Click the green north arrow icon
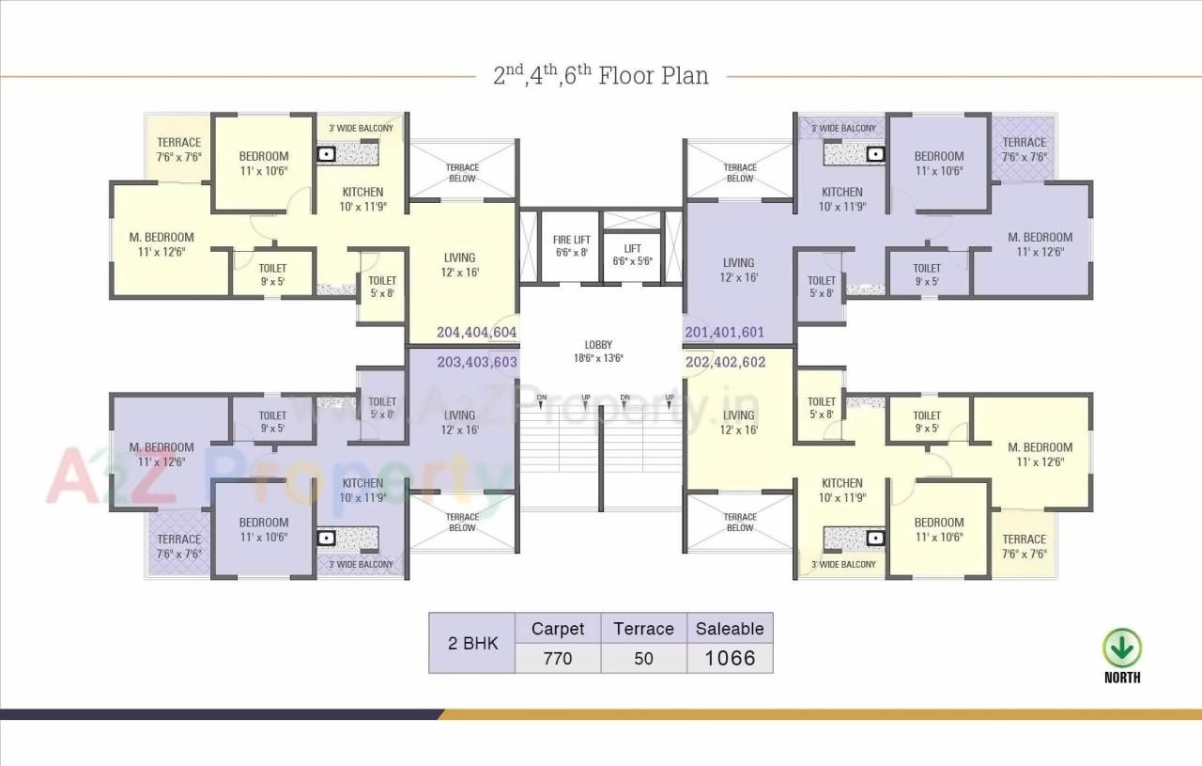pyautogui.click(x=1122, y=649)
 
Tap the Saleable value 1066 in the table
pyautogui.click(x=730, y=658)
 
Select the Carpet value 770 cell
pyautogui.click(x=558, y=658)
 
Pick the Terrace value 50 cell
pyautogui.click(x=643, y=658)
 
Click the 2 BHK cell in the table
pyautogui.click(x=472, y=644)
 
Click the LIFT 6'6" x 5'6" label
pyautogui.click(x=633, y=255)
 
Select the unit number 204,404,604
pyautogui.click(x=476, y=332)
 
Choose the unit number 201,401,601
pyautogui.click(x=724, y=332)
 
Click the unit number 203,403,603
pyautogui.click(x=476, y=362)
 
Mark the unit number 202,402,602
pyautogui.click(x=725, y=362)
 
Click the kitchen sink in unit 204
pyautogui.click(x=326, y=154)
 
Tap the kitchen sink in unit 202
pyautogui.click(x=874, y=538)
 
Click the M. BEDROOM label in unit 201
pyautogui.click(x=1040, y=243)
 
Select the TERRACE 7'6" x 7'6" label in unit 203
pyautogui.click(x=178, y=546)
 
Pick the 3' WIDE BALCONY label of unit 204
pyautogui.click(x=361, y=128)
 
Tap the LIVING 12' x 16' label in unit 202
pyautogui.click(x=738, y=422)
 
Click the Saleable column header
pyautogui.click(x=730, y=629)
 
